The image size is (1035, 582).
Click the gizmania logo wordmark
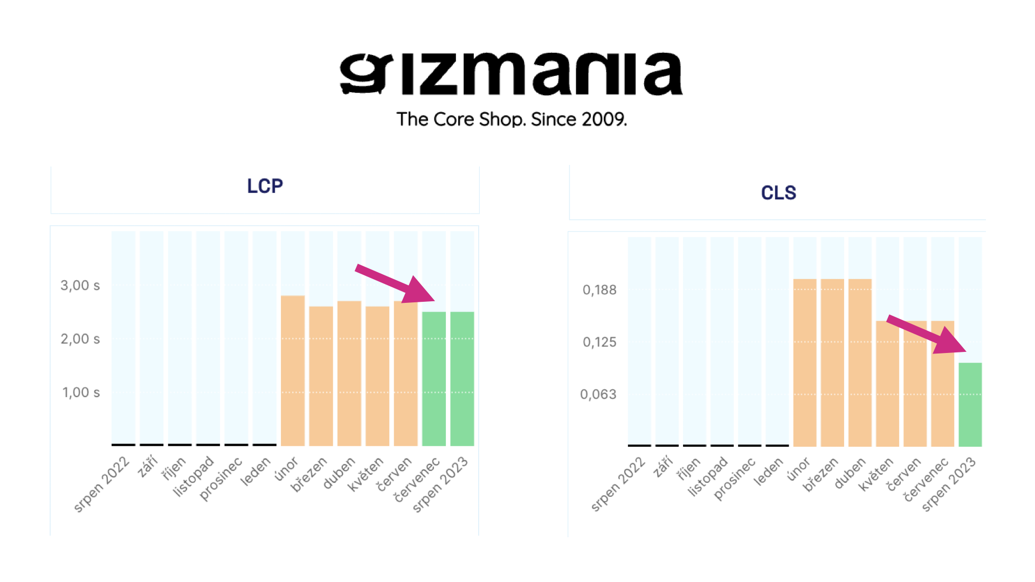[x=511, y=74]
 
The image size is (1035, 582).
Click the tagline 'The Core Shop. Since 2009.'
[x=512, y=119]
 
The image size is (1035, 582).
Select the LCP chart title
[x=265, y=186]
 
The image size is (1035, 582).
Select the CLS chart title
[x=778, y=193]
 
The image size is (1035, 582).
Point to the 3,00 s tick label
[x=80, y=286]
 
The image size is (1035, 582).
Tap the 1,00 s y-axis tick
[x=81, y=392]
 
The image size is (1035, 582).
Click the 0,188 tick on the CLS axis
[x=599, y=290]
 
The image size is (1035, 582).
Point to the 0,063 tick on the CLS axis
[x=598, y=394]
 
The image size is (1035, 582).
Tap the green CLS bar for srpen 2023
[x=970, y=405]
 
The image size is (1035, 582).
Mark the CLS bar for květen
[x=887, y=384]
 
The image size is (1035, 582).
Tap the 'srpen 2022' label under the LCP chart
[x=102, y=484]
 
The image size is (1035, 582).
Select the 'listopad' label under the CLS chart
[x=708, y=476]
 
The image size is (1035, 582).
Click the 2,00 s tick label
[x=80, y=339]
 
